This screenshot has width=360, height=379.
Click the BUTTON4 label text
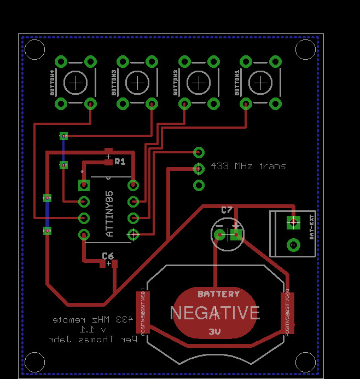[53, 83]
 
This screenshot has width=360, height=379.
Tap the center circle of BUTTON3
[137, 83]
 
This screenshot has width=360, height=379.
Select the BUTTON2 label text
[176, 83]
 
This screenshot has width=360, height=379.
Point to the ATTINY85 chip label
[109, 214]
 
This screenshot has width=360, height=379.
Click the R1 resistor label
[120, 162]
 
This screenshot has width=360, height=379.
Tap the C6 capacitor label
[108, 256]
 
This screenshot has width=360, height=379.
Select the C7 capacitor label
[227, 210]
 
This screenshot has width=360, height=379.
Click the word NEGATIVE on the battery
[215, 313]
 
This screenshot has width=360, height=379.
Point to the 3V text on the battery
[214, 332]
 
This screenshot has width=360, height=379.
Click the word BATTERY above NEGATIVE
[219, 294]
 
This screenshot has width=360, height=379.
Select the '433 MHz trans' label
[248, 166]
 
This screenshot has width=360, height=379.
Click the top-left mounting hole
[34, 49]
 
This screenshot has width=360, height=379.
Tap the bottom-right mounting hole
[305, 361]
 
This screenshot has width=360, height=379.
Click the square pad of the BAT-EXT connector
[293, 222]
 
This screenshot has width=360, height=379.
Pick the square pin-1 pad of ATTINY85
[84, 184]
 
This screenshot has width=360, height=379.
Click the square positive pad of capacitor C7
[236, 235]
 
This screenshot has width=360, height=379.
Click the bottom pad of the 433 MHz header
[199, 185]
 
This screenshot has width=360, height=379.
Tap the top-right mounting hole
[305, 49]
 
